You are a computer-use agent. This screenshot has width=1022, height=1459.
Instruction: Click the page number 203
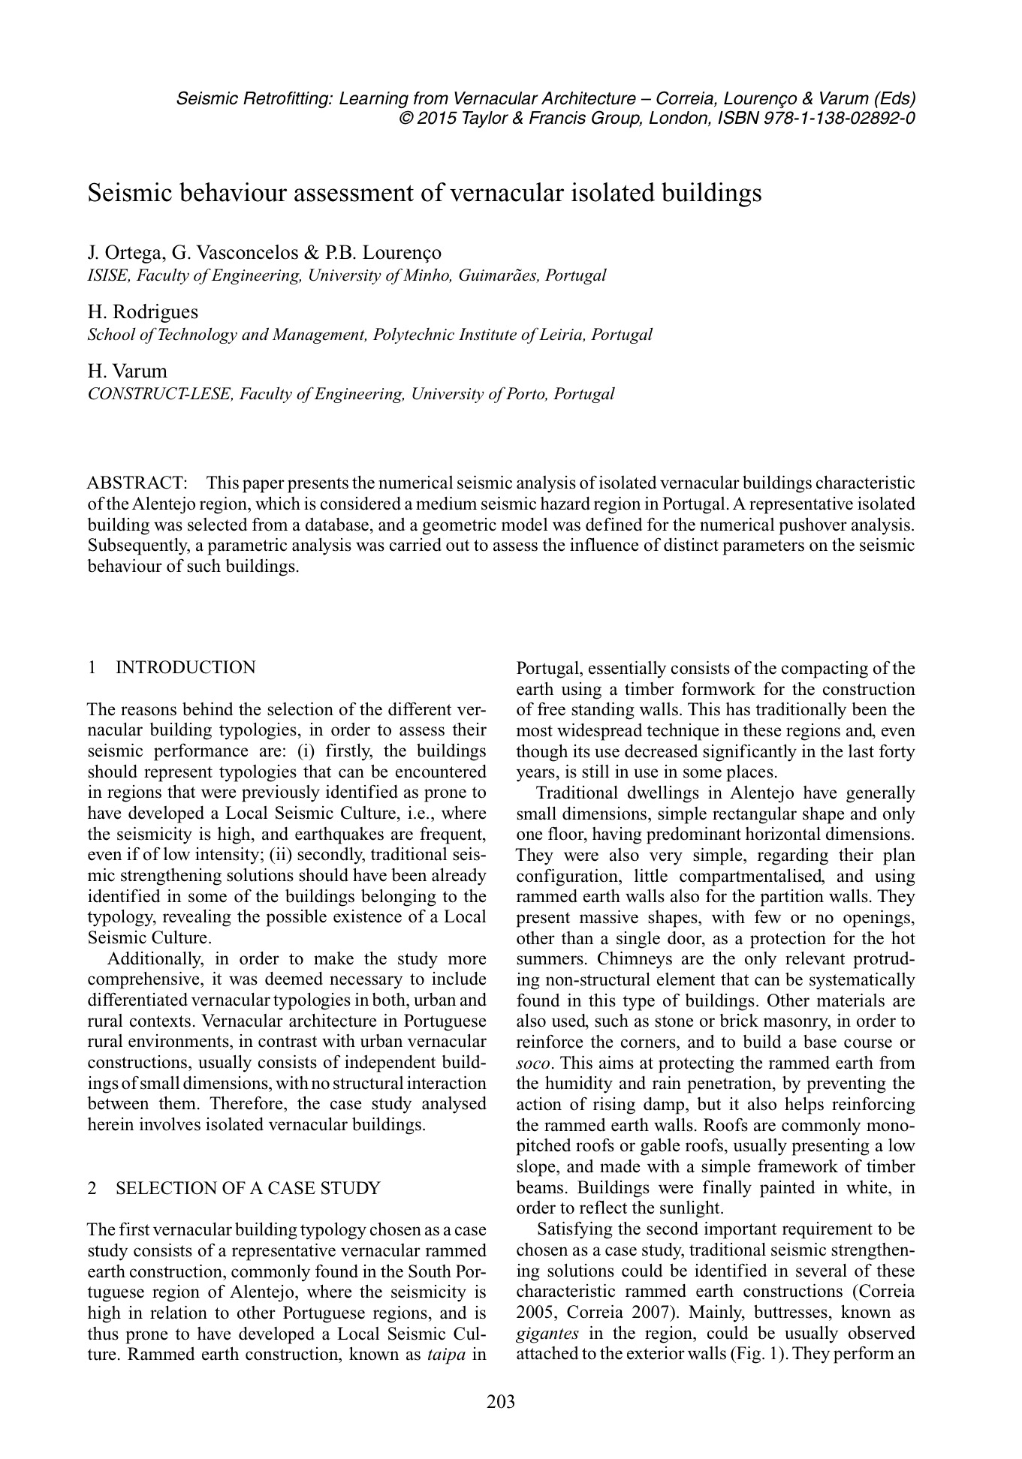(501, 1401)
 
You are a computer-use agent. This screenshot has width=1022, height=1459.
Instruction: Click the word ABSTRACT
(137, 483)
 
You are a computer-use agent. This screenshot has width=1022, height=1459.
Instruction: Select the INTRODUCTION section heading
(185, 667)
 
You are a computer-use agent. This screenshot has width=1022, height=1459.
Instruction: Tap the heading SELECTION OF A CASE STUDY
(248, 1188)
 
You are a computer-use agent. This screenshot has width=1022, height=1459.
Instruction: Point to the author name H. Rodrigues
(143, 311)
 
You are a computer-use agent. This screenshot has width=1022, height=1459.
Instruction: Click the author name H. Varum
(128, 371)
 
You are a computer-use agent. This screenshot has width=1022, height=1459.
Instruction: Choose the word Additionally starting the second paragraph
(152, 959)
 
